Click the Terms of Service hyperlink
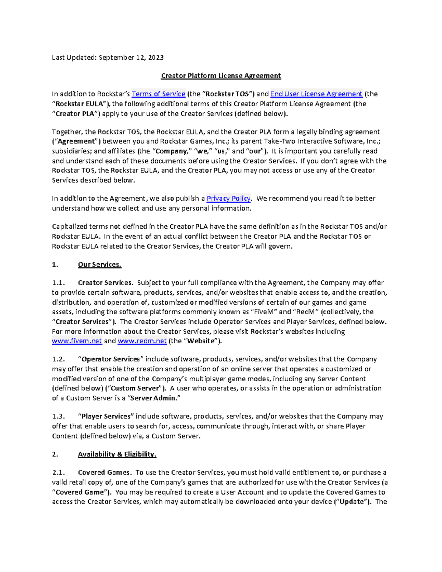point(158,94)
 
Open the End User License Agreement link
point(316,94)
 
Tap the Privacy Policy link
point(228,199)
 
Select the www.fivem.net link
point(77,341)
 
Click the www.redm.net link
point(142,341)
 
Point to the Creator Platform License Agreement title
point(221,76)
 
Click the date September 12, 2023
point(131,57)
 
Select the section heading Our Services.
point(99,265)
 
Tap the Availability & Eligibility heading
point(117,455)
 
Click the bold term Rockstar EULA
point(79,104)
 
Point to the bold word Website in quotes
point(201,341)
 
